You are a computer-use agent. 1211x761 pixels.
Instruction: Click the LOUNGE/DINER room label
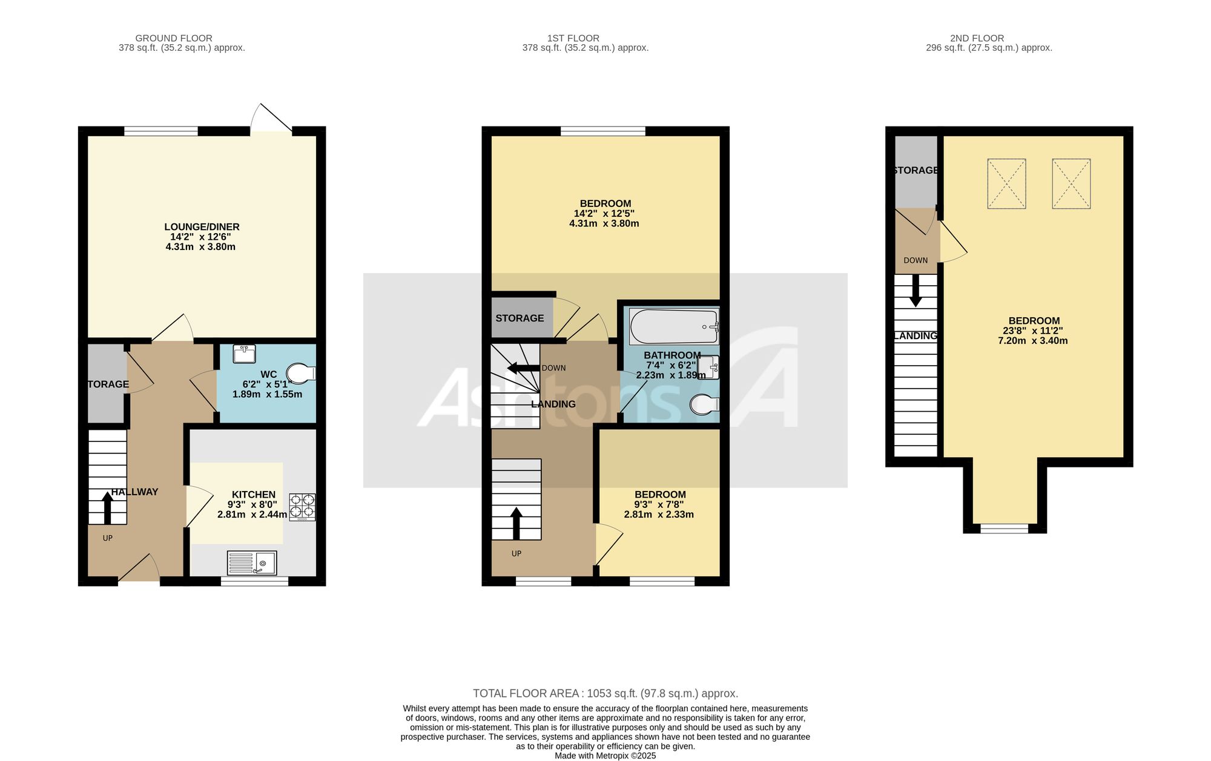202,227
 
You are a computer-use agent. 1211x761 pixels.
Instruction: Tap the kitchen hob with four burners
302,507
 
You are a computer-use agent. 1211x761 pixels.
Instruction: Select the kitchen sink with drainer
252,563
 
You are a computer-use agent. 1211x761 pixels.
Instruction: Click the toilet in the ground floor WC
301,374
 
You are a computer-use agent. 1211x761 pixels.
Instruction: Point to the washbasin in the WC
245,354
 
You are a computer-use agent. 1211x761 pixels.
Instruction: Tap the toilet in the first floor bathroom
704,405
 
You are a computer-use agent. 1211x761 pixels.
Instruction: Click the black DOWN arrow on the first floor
523,367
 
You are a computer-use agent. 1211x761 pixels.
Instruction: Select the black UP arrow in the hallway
108,508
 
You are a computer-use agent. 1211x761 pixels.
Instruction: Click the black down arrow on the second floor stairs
916,291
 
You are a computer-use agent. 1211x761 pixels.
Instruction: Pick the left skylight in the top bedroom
1006,184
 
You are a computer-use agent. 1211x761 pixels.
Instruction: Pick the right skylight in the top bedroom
1071,184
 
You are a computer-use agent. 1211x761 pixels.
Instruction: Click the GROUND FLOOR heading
174,38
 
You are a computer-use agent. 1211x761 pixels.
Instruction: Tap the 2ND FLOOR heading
977,38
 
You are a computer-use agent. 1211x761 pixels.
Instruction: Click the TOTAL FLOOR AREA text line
605,693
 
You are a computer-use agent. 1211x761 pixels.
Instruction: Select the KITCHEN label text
254,495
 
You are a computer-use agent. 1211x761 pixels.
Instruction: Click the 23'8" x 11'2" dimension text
1033,331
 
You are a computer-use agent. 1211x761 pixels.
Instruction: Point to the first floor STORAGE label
520,318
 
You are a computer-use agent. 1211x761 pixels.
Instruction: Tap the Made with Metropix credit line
605,756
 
